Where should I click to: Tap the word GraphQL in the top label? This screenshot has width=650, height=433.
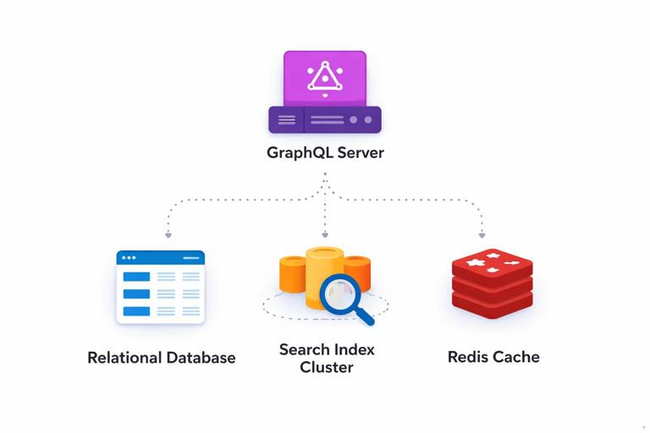coord(299,153)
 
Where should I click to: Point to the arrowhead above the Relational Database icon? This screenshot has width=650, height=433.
coord(168,234)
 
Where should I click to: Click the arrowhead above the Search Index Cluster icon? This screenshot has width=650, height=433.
coord(325,234)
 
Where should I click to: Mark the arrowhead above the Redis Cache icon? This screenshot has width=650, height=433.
coord(482,234)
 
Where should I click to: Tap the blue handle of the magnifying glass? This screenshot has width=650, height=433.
coord(366,318)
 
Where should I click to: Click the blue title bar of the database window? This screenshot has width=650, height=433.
coord(161,257)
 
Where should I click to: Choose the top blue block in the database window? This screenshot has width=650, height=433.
coord(136,277)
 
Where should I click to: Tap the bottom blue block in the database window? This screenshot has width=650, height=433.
coord(136,311)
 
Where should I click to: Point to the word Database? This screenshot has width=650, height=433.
coord(201,358)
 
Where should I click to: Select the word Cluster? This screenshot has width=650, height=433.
coord(326,368)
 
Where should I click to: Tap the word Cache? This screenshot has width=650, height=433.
coord(516,357)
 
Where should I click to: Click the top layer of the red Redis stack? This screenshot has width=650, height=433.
coord(493,264)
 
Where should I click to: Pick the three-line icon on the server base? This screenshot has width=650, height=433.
coord(287,120)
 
